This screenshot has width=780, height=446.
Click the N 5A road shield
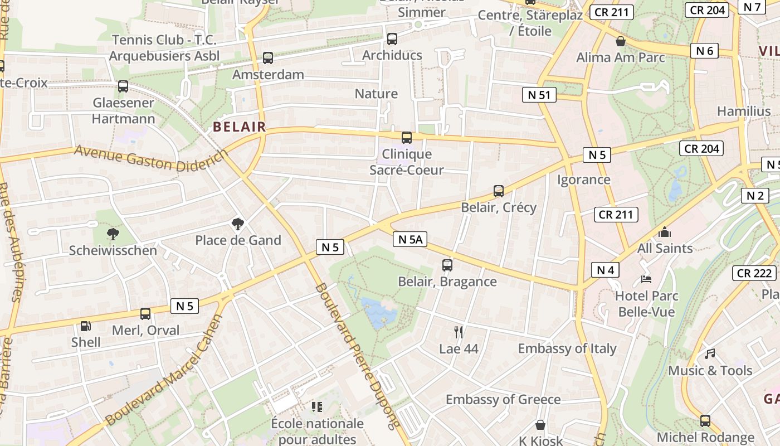(409, 240)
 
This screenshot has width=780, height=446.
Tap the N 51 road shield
(539, 95)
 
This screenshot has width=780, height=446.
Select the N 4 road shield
(605, 270)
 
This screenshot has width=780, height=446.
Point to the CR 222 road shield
(754, 273)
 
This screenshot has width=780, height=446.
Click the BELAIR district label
(240, 127)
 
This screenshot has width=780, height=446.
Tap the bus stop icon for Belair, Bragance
(447, 265)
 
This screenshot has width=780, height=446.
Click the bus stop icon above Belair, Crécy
(499, 191)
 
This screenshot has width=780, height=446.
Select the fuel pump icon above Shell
(86, 326)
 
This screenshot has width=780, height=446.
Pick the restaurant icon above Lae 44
(459, 332)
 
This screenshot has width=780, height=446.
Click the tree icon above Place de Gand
(238, 224)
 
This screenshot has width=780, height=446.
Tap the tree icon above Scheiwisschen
(113, 234)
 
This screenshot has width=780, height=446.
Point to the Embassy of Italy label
(567, 348)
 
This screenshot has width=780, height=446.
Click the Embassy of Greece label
(503, 399)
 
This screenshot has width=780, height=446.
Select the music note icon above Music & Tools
(710, 353)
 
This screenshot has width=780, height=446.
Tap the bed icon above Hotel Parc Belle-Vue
(646, 279)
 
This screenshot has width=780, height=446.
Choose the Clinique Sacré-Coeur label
(407, 162)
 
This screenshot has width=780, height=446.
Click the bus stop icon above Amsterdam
(268, 58)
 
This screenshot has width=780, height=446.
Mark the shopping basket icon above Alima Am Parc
(620, 41)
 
